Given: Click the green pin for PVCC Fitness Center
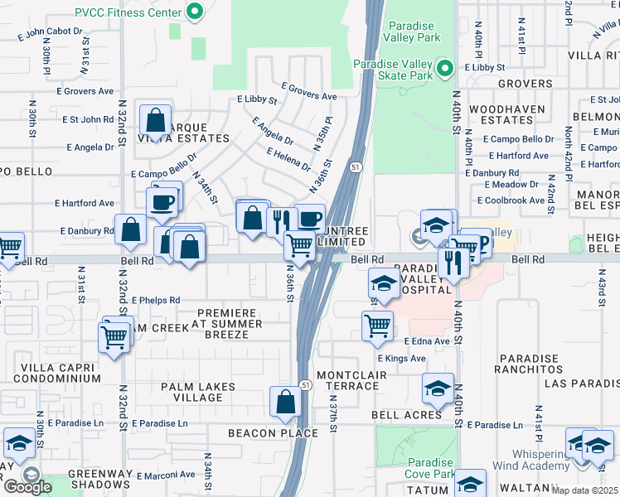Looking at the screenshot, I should click(195, 12).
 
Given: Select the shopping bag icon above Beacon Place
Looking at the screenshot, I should click(285, 402).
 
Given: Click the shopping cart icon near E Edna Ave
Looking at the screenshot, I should click(377, 326).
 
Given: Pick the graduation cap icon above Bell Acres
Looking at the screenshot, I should click(438, 388).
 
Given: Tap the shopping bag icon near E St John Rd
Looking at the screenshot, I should click(155, 120).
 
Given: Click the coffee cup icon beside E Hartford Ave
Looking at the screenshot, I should click(162, 201).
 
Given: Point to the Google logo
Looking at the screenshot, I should click(27, 486).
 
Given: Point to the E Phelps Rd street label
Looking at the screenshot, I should click(149, 300).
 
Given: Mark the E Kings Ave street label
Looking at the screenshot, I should click(401, 359).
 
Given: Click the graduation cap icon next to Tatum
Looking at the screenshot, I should click(470, 484).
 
